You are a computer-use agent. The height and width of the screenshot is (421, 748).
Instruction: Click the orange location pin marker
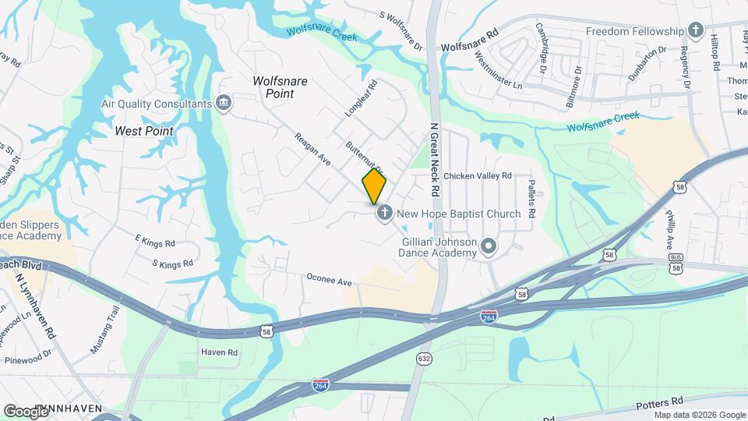click(x=374, y=186)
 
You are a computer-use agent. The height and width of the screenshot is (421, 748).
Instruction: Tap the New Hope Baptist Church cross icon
click(x=384, y=213)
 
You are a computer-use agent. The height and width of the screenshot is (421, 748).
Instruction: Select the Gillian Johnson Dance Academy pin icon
click(x=489, y=247)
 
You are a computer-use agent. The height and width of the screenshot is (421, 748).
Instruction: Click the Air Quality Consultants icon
click(x=224, y=104)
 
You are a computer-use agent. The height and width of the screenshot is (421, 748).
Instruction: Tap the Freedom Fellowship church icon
click(x=696, y=32)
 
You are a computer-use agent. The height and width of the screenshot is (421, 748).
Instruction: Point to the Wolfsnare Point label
click(x=280, y=87)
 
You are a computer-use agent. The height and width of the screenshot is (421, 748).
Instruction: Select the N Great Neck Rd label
click(x=435, y=161)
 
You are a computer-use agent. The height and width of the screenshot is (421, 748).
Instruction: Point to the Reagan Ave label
click(x=312, y=150)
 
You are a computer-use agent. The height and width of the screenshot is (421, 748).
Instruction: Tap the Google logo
click(x=26, y=411)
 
